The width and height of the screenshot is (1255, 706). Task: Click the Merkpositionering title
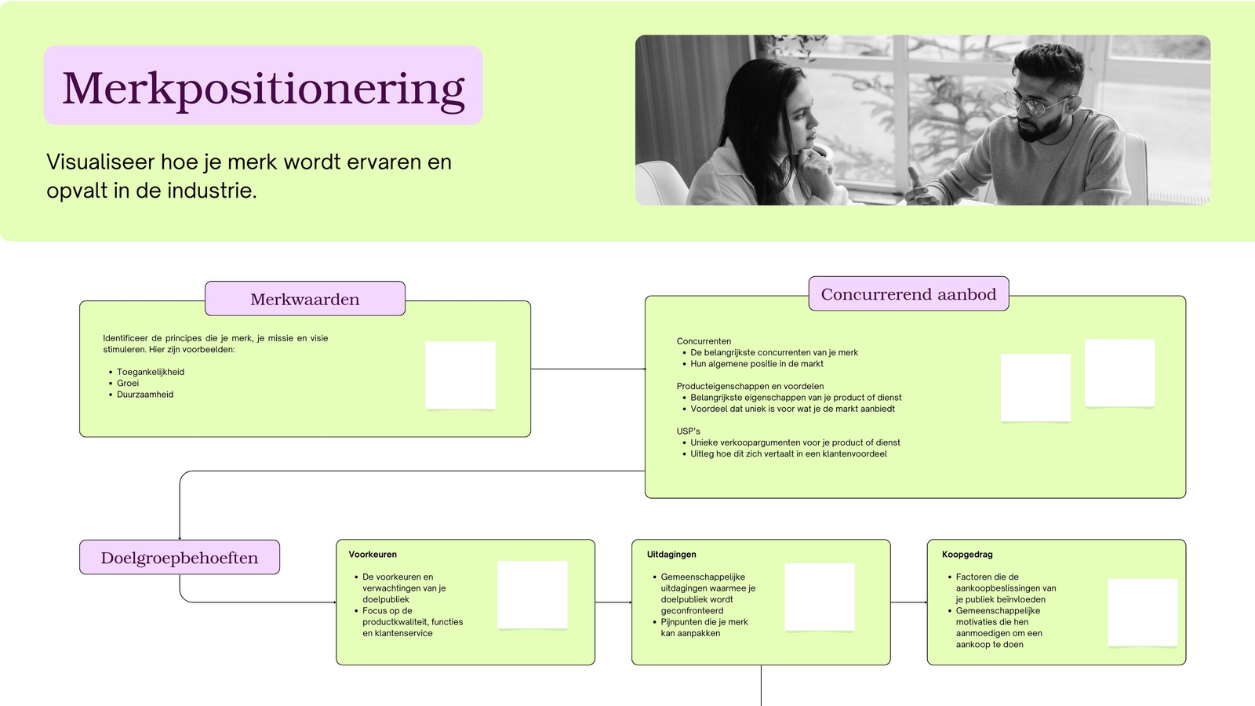click(x=264, y=89)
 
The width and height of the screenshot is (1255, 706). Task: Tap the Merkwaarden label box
click(x=305, y=299)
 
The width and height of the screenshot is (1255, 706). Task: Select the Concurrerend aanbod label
click(x=908, y=293)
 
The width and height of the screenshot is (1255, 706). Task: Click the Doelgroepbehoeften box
click(x=180, y=557)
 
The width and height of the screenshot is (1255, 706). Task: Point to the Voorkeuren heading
click(x=373, y=554)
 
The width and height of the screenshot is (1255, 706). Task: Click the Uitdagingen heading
click(x=671, y=554)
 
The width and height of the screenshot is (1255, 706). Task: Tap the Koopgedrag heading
click(x=967, y=554)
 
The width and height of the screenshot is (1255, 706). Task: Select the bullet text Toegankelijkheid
click(x=150, y=372)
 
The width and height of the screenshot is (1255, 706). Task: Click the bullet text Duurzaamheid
click(x=145, y=395)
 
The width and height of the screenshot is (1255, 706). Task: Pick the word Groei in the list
click(x=128, y=384)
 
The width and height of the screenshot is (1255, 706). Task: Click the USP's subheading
click(x=688, y=431)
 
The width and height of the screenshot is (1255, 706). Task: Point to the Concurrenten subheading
click(x=704, y=341)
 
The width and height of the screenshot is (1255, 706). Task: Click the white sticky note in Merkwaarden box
click(x=460, y=376)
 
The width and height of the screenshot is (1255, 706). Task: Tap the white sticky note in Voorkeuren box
click(x=533, y=595)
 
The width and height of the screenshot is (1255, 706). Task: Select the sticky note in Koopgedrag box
click(x=1142, y=613)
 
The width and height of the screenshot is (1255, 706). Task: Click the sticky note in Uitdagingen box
click(x=820, y=597)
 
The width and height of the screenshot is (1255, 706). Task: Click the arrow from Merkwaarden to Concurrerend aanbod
click(x=587, y=369)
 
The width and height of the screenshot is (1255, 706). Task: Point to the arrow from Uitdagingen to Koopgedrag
click(x=909, y=602)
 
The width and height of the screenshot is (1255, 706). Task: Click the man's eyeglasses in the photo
click(x=1035, y=104)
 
